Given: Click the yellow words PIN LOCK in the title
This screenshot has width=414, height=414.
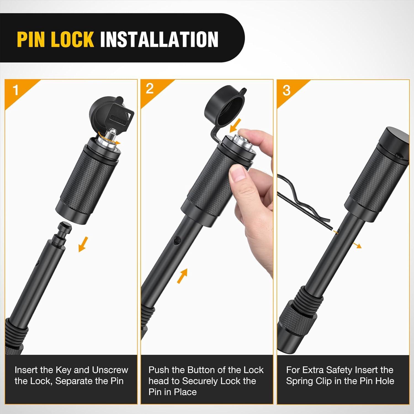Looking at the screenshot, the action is (55, 39).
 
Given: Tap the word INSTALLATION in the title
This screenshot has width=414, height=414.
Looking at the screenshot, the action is (159, 39).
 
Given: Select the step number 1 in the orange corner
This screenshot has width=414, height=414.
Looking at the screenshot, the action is (16, 90).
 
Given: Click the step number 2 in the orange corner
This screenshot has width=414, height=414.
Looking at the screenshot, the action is (150, 89).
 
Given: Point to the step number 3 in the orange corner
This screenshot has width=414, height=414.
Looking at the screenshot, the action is (286, 90).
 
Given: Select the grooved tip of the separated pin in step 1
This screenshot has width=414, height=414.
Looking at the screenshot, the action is (64, 231).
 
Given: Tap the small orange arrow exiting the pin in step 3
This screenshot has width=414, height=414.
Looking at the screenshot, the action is (357, 245).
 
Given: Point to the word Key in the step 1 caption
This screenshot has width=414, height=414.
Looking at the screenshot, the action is (64, 370).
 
